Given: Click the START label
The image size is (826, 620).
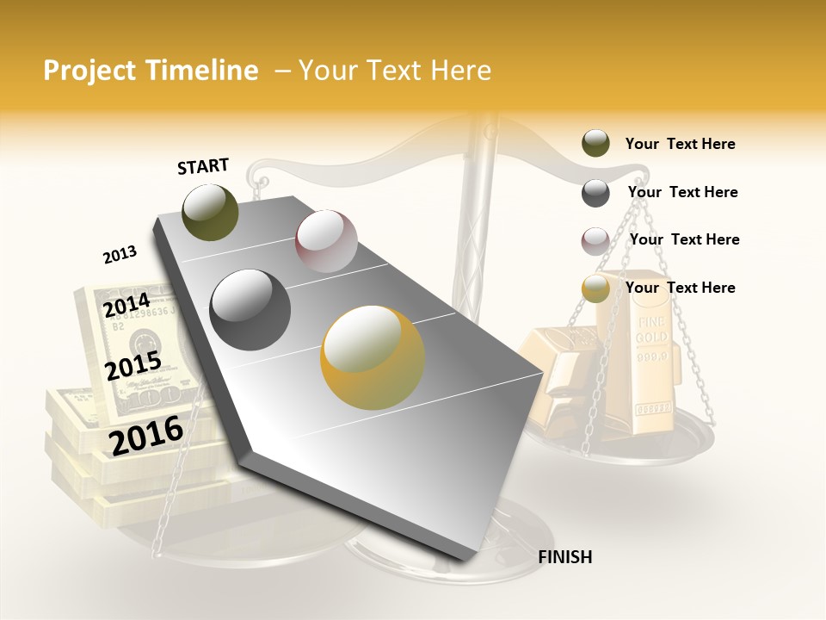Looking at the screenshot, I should pos(203,166).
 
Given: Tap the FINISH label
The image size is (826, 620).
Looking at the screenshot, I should pos(564,557).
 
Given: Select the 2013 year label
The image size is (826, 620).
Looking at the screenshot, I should pos(120,255).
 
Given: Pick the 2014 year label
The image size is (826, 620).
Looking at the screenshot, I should pos(126,305).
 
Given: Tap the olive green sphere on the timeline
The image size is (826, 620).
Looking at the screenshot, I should pos(210,212).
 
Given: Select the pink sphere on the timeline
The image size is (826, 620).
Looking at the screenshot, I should pos(326,241).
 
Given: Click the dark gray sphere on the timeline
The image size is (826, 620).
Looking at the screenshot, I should pos(250,310).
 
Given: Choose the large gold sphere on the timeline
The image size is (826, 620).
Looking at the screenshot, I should pos(373,357).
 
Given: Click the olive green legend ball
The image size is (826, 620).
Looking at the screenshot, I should pos(595,144).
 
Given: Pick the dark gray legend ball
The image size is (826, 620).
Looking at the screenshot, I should pos(595,193).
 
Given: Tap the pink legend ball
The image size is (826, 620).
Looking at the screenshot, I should pos(595,241).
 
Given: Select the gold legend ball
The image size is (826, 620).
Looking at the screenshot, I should pos(595,288).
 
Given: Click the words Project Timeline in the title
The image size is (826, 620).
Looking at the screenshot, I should pos(151,71).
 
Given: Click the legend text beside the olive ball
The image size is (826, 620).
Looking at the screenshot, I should pos(680,145).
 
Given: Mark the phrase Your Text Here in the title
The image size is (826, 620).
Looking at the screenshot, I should pos(395,71).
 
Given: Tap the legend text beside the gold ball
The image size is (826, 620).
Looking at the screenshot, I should pos(680,288).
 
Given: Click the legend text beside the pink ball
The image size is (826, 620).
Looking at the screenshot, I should pos(684,239).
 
